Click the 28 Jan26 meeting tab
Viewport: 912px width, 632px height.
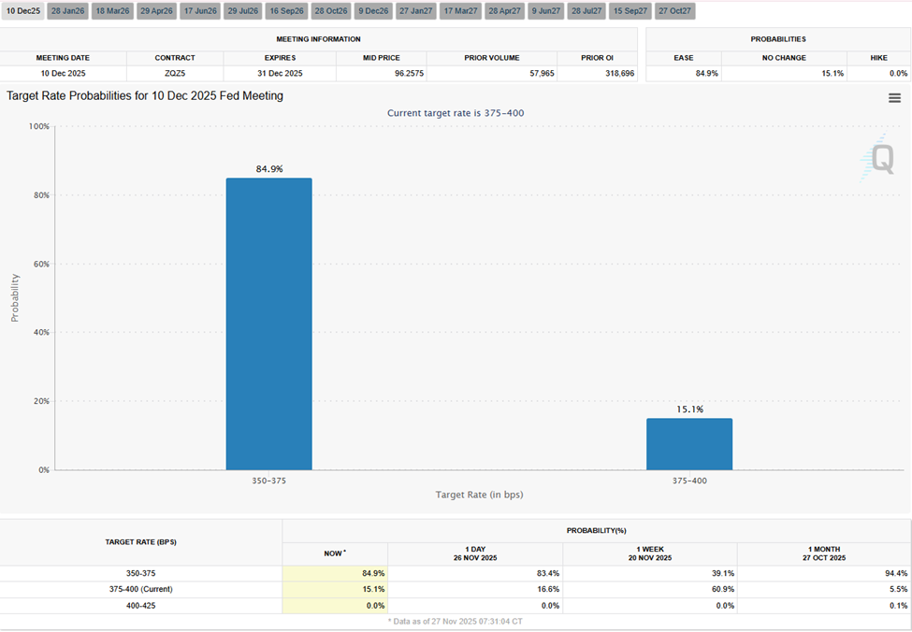pos(68,11)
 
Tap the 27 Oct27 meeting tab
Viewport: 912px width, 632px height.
pos(673,11)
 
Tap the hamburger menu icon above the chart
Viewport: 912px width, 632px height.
pos(894,98)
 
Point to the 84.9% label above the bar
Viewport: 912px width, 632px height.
pos(269,169)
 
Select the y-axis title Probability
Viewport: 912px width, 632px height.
pos(15,297)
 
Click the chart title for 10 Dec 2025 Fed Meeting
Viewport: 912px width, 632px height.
pos(145,95)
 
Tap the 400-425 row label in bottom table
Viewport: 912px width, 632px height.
pos(140,606)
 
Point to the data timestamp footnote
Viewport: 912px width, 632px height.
pos(456,621)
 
